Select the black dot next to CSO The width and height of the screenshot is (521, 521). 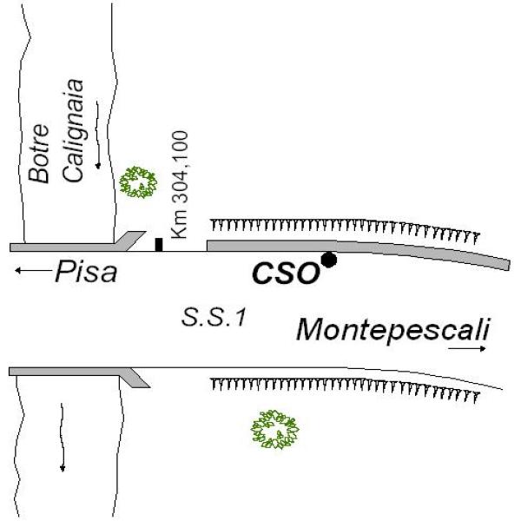click(x=328, y=259)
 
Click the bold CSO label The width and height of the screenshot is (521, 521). click(x=286, y=274)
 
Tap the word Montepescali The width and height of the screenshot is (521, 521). click(x=392, y=330)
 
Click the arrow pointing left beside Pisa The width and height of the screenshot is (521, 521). click(x=32, y=272)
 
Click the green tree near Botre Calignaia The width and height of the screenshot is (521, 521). click(x=139, y=181)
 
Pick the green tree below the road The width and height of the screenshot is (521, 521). click(x=276, y=429)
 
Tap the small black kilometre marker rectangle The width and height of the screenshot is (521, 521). click(x=159, y=244)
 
